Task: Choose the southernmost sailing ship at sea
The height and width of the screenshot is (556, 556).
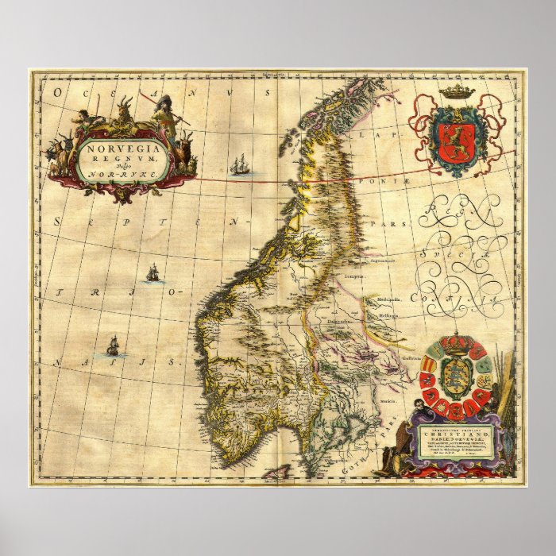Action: (x=114, y=346)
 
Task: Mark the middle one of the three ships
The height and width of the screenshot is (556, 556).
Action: (x=152, y=274)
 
